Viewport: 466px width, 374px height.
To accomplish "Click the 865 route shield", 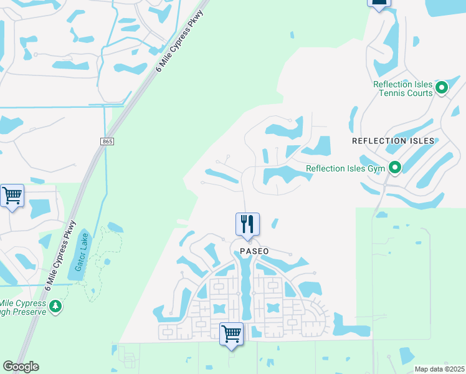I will point(107,142).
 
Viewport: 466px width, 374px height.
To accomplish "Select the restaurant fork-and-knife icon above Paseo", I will point(247,224).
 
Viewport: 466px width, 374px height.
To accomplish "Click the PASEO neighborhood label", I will point(254,251).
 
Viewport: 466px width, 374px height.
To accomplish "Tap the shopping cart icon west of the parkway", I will point(12,196).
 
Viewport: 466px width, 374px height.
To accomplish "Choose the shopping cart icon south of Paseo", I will point(231,333).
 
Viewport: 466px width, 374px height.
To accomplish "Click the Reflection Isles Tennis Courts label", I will point(402,89).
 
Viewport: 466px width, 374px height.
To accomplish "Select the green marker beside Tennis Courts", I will point(442,87).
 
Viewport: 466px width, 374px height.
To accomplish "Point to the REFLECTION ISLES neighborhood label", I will point(393,141).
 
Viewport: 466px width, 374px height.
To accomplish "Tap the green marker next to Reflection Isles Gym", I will point(394,168).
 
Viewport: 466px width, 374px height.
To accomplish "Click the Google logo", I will point(21,367).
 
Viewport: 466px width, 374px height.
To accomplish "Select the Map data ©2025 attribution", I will point(439,369).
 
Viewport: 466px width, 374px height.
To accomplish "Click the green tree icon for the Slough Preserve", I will point(56,306).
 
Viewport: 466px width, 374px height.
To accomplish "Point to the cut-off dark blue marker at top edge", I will point(378,3).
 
